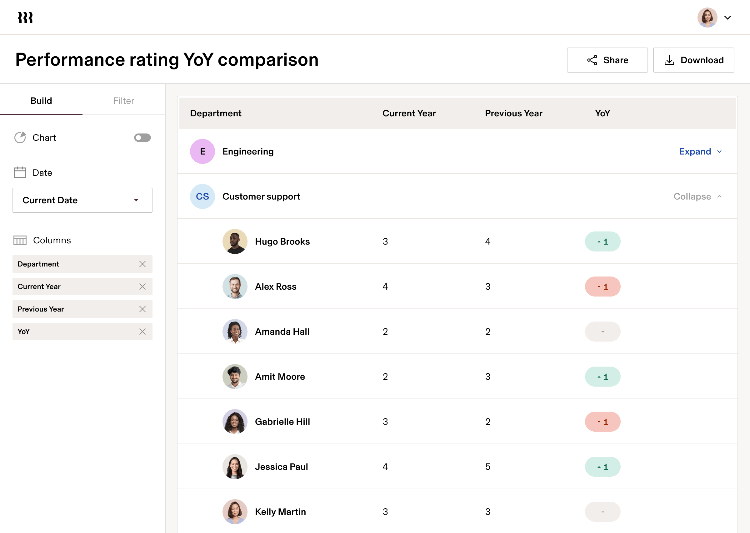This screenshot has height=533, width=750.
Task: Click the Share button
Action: click(607, 60)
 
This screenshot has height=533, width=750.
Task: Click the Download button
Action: click(693, 60)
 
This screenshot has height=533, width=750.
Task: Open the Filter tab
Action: click(123, 101)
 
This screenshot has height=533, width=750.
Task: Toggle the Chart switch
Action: click(142, 138)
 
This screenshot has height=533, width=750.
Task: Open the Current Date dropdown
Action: click(82, 200)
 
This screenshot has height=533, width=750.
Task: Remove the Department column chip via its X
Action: click(142, 264)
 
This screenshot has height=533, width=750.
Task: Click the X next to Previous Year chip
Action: click(142, 309)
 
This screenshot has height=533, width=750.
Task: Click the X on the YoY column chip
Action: click(142, 332)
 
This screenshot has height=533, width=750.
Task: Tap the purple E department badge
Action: click(202, 151)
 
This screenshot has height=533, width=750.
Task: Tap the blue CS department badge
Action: click(202, 196)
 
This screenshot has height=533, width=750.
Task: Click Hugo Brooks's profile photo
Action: click(235, 241)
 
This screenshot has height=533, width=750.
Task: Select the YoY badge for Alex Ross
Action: click(602, 287)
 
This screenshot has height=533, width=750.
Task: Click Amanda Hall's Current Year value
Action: click(385, 332)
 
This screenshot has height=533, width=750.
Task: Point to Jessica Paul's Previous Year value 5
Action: click(488, 467)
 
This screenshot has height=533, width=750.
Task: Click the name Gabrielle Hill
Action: click(282, 422)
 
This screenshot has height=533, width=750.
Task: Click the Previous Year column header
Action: click(513, 113)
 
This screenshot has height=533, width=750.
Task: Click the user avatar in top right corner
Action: click(707, 18)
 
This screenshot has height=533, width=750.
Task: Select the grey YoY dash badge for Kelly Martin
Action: click(602, 512)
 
